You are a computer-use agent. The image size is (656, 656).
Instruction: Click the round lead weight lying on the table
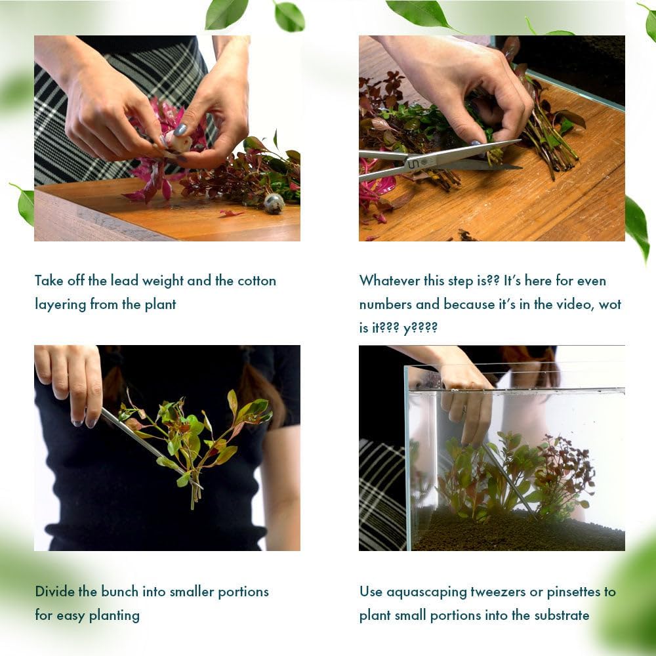(x=274, y=203)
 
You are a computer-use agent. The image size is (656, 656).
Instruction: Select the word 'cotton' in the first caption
(x=256, y=281)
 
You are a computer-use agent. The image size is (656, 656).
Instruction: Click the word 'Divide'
(x=54, y=592)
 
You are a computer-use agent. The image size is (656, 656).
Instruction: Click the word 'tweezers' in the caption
(x=500, y=592)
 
